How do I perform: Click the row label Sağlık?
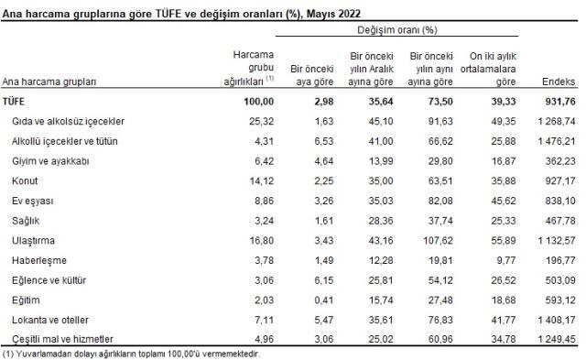(27, 221)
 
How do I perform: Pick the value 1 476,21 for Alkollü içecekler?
(549, 141)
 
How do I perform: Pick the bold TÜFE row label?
(17, 101)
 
